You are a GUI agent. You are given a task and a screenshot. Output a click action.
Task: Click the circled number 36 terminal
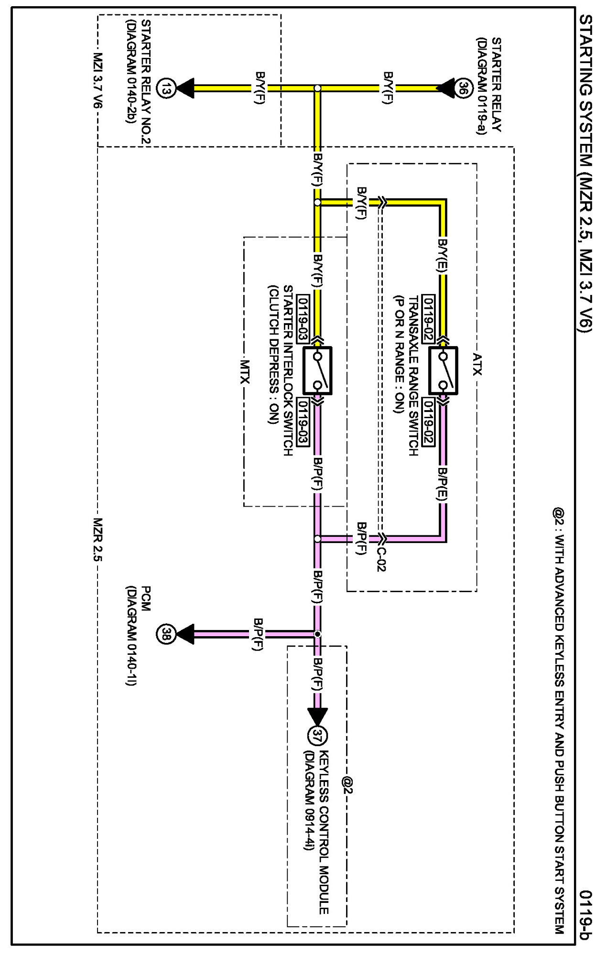[463, 88]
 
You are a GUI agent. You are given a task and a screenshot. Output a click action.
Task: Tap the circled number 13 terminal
[166, 88]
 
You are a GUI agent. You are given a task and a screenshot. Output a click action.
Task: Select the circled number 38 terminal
[165, 634]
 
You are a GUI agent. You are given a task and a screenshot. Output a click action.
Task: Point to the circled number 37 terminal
[317, 735]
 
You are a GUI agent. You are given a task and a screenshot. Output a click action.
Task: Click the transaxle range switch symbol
[443, 370]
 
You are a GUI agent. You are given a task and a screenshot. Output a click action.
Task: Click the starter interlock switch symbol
[317, 370]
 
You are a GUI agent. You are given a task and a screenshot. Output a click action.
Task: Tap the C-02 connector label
[381, 558]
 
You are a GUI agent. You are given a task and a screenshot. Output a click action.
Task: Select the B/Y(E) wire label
[443, 256]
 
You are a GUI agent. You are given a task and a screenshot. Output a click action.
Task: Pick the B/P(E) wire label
[443, 484]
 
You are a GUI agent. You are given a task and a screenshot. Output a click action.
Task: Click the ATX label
[477, 364]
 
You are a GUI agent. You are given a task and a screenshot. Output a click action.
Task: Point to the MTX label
[244, 372]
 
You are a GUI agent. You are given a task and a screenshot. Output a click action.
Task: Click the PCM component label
[145, 598]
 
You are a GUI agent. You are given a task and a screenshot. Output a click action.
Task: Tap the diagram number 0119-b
[585, 914]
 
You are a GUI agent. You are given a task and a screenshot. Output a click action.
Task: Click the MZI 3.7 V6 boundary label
[98, 80]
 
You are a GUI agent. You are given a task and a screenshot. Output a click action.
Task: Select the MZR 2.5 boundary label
[98, 539]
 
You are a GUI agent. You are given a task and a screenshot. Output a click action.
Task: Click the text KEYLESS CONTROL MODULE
[324, 832]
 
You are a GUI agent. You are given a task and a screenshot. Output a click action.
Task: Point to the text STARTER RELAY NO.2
[146, 82]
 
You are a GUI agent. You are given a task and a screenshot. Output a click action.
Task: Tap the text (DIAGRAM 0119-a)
[481, 86]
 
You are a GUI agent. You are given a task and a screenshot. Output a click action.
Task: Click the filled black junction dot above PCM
[317, 634]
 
